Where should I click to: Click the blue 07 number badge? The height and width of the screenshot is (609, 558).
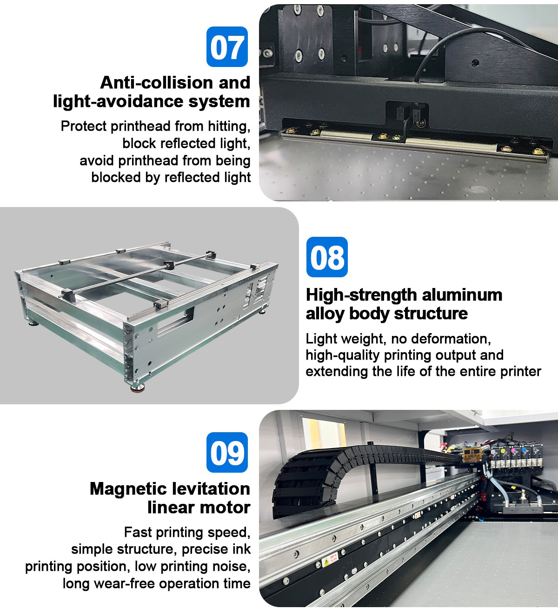pos(227,47)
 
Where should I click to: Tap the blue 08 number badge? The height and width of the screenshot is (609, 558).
pos(327,257)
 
